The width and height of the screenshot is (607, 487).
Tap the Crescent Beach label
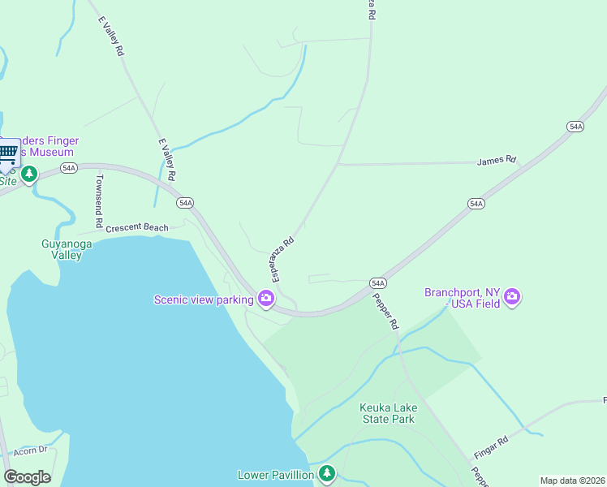coord(137,227)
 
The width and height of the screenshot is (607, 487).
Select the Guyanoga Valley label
coord(62,249)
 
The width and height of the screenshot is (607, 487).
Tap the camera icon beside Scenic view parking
coord(265,300)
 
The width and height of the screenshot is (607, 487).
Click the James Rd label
coord(497,160)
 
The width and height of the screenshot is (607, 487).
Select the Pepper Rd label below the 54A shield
coord(386,311)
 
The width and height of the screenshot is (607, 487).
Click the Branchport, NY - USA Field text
coord(463,298)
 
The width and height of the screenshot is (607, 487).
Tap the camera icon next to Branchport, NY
coord(511,297)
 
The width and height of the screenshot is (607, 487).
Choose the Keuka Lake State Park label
coord(388,413)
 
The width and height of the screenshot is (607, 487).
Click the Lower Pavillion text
coord(275,475)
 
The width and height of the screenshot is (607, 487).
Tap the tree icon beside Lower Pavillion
coord(326,473)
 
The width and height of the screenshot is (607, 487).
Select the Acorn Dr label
coord(31,450)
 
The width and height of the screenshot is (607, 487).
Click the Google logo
coord(27,477)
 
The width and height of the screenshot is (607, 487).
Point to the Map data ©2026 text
coord(572,481)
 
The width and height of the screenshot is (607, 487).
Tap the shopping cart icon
coord(8,153)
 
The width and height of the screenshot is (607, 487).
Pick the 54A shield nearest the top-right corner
coord(575,127)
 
